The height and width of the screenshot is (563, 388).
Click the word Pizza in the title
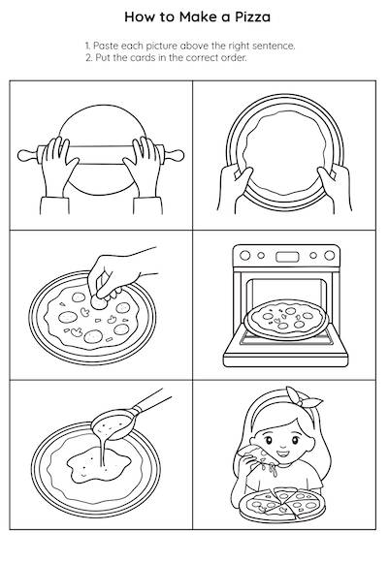click(x=252, y=17)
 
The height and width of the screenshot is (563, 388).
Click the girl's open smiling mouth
click(x=282, y=454)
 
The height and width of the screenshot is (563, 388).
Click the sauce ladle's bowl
click(x=114, y=423)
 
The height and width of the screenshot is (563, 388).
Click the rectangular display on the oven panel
click(x=287, y=257)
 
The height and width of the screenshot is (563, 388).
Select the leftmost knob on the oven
click(x=244, y=256)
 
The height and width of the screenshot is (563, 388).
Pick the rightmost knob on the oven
click(x=329, y=255)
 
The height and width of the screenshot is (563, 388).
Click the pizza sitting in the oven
click(x=286, y=319)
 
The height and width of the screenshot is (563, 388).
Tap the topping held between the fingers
click(x=98, y=302)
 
